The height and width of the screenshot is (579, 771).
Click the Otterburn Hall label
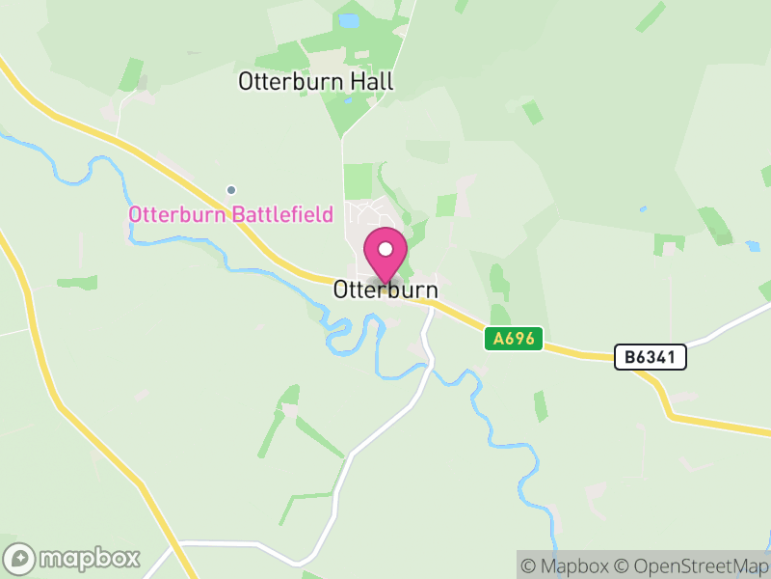[316, 82]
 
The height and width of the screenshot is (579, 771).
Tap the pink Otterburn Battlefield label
[231, 214]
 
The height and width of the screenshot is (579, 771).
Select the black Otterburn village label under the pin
[385, 289]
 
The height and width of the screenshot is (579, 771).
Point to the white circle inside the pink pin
[385, 249]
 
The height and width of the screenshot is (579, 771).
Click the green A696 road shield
[515, 339]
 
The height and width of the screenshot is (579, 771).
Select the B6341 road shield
[651, 357]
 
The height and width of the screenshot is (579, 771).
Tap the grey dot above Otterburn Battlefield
[230, 189]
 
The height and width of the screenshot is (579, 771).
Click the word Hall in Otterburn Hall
[372, 82]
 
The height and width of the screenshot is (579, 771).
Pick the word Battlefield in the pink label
[282, 214]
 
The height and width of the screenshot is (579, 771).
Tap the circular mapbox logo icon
[20, 558]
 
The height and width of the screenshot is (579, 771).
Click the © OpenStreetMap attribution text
[692, 565]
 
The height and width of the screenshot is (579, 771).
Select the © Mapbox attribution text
[566, 565]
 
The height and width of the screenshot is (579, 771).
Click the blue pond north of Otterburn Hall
[348, 19]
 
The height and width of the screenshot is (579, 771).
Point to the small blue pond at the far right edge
[753, 246]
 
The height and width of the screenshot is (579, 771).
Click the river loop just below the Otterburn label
[339, 333]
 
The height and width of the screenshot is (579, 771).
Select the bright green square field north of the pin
[358, 180]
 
